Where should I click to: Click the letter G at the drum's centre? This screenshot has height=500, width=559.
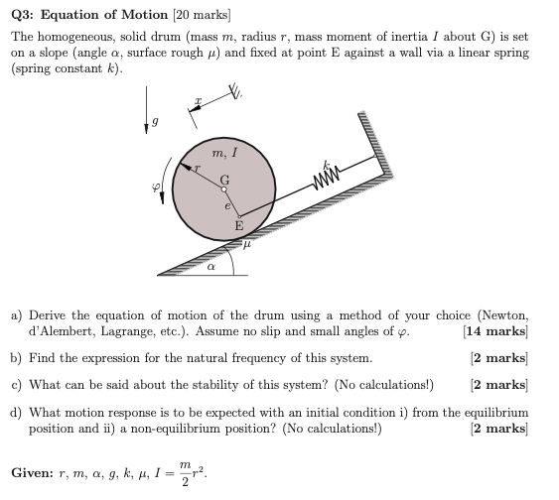click(224, 180)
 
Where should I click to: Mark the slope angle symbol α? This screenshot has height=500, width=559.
click(210, 267)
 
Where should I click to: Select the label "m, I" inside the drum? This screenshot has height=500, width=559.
click(223, 152)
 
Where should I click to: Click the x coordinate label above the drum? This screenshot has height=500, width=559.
click(199, 101)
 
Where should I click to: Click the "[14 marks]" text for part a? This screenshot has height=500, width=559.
click(495, 331)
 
